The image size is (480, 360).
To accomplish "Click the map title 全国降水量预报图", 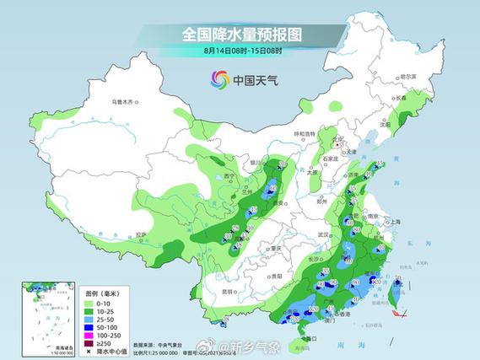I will [241, 35].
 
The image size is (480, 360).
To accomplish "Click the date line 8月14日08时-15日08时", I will [241, 51].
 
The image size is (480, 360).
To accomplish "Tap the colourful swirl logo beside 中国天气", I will [218, 80].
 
